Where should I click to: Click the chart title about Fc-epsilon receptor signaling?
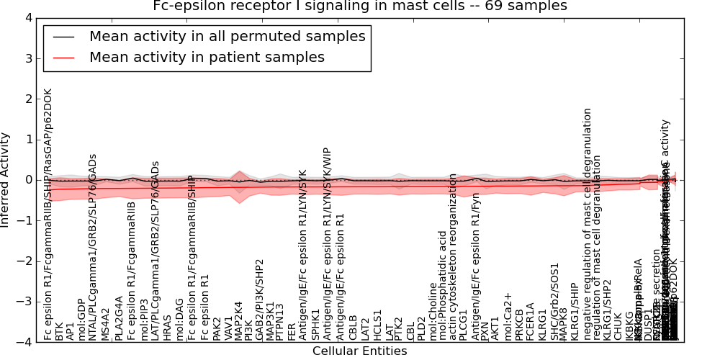pos(360,6)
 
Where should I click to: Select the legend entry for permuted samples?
pos(227,36)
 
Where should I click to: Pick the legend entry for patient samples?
pos(207,57)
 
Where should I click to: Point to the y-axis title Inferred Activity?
pos(6,180)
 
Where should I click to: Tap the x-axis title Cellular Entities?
pos(360,351)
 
